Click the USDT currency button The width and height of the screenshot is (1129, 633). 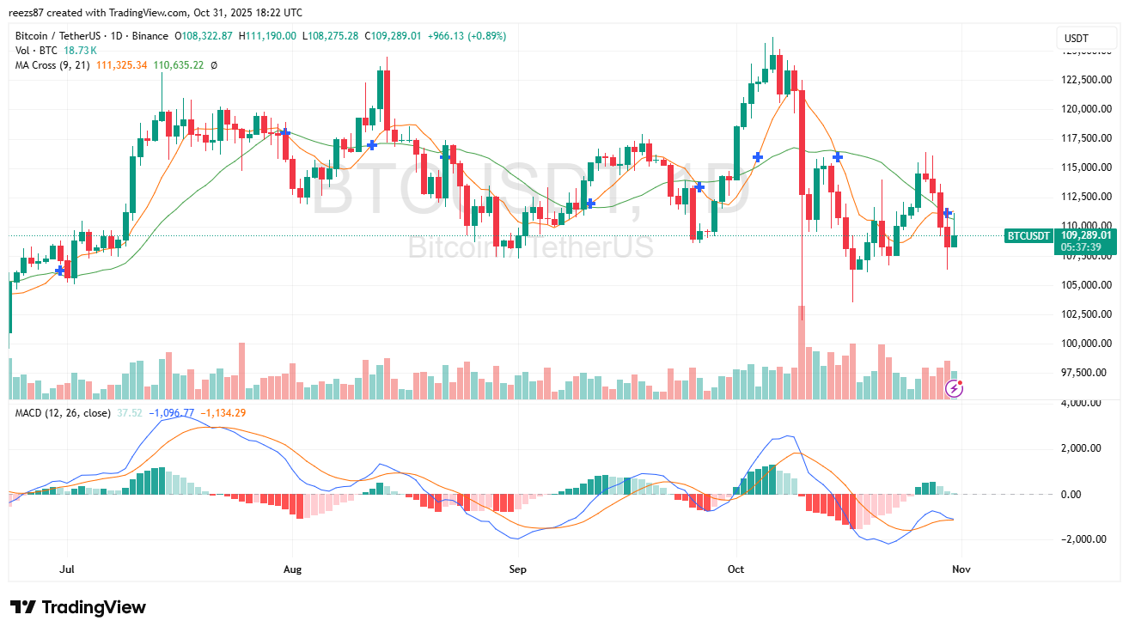pos(1076,38)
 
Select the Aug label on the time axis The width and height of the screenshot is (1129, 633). pos(293,569)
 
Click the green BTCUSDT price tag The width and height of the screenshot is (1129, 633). pos(1029,234)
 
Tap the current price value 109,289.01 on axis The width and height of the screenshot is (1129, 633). pos(1086,234)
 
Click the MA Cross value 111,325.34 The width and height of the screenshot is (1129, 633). pos(122,65)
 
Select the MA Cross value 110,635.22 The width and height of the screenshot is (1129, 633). pos(178,65)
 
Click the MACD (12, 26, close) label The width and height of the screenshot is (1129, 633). pos(63,413)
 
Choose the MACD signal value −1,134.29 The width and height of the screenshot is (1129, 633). pos(223,413)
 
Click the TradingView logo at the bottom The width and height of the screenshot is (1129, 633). pos(78,607)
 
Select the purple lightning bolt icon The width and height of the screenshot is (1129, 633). pos(954,389)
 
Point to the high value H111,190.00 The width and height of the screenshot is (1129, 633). pos(267,36)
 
